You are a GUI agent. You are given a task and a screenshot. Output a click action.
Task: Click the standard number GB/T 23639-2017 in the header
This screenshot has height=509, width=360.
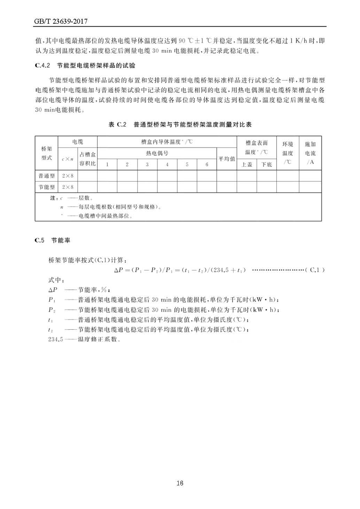[x=61, y=22]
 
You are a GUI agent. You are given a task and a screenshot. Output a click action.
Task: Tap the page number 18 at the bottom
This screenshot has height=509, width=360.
[x=180, y=483]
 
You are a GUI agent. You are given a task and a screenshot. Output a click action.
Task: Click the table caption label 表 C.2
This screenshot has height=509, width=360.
[x=118, y=125]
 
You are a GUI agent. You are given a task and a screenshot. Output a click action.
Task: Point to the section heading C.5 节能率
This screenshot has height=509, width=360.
[x=52, y=240]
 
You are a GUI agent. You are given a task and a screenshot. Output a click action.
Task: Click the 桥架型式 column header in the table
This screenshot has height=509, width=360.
[x=47, y=153]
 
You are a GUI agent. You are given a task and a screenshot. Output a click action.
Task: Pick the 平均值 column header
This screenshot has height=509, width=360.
[x=227, y=158]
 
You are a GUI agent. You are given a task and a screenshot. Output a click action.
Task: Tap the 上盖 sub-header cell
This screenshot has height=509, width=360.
[x=247, y=165]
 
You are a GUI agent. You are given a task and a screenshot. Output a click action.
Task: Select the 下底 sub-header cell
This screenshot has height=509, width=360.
[x=266, y=165]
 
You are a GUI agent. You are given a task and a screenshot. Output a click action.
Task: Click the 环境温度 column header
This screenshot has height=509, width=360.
[x=288, y=153]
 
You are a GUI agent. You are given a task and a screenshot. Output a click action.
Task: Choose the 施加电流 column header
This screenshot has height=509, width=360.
[x=310, y=153]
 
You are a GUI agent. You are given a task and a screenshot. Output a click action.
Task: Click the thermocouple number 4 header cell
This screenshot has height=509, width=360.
[x=167, y=165]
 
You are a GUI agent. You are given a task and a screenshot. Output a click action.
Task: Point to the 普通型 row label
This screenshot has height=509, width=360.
[x=47, y=176]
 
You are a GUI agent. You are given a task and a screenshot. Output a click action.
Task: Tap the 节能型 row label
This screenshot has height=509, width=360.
[x=47, y=187]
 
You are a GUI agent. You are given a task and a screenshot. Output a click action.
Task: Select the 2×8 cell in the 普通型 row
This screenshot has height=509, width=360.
[x=68, y=176]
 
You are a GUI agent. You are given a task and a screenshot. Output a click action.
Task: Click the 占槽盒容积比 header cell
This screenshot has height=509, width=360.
[x=87, y=159]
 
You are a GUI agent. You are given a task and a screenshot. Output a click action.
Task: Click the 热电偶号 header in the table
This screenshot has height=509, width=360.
[x=157, y=153]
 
